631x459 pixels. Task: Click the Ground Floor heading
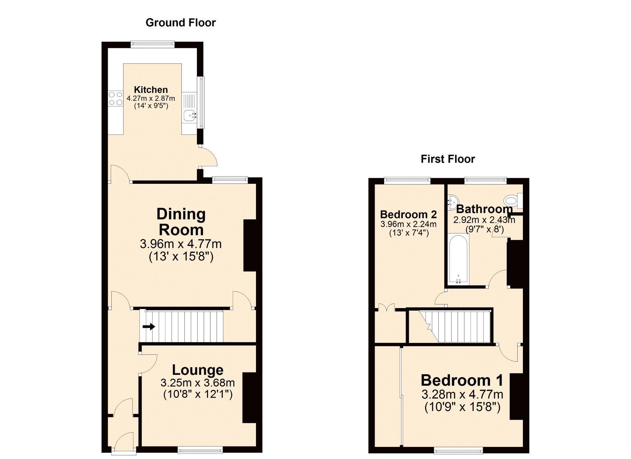[180, 23]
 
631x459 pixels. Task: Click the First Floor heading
[448, 159]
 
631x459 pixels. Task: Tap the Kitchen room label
[151, 89]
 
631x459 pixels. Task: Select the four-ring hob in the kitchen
[116, 98]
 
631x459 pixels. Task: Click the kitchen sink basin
[189, 115]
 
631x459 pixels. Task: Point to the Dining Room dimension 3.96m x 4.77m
[181, 244]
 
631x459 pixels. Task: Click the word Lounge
[198, 370]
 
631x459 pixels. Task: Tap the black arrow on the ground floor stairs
[149, 327]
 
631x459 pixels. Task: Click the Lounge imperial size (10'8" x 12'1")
[198, 394]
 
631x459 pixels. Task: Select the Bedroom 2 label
[409, 214]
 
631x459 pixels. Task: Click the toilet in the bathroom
[513, 201]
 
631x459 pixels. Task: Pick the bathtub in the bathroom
[458, 259]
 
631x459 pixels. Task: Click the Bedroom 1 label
[462, 380]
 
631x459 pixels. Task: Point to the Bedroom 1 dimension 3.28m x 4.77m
[462, 394]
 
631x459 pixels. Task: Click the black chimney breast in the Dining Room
[250, 245]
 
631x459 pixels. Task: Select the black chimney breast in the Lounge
[249, 398]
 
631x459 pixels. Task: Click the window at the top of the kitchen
[152, 44]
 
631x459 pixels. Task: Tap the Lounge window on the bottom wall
[200, 450]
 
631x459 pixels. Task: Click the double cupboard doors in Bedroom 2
[386, 307]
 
